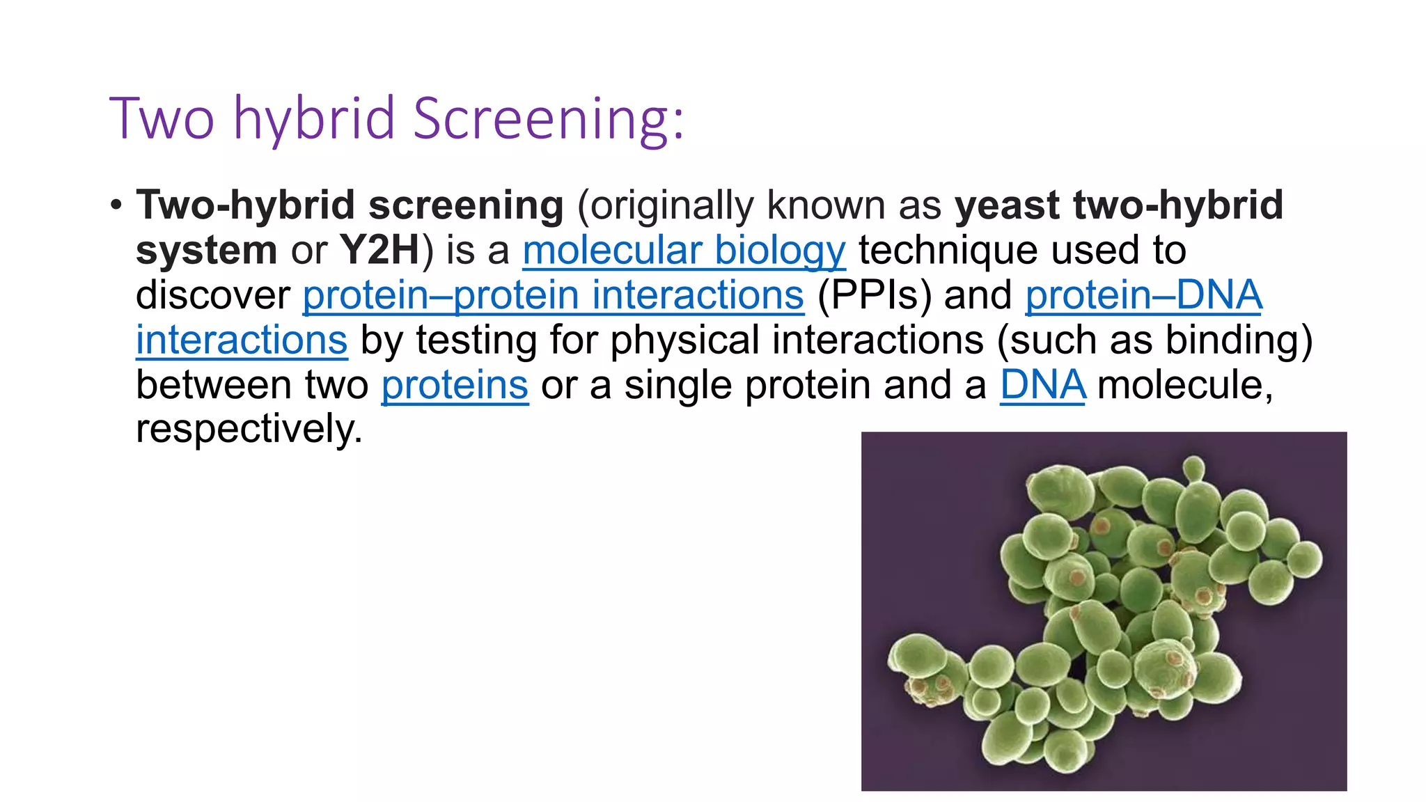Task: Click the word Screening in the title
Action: (548, 118)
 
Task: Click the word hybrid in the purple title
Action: (314, 118)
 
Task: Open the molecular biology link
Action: (684, 250)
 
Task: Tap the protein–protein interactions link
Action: (553, 294)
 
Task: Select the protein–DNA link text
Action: (1143, 294)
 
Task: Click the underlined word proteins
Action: (455, 385)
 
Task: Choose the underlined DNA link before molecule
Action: (1042, 385)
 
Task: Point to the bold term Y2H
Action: (379, 250)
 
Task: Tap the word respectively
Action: (249, 429)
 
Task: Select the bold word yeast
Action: (1008, 205)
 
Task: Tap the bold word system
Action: (206, 250)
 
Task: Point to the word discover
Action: (212, 294)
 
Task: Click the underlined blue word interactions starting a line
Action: (241, 340)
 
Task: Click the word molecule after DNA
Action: (1184, 385)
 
